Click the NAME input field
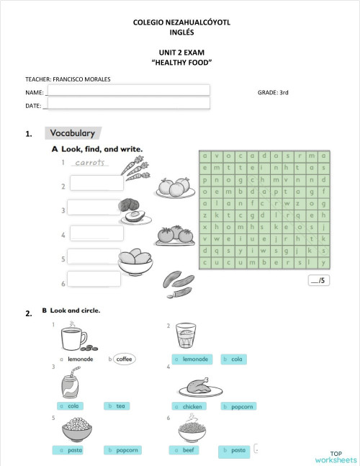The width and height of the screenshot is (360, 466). coord(127,90)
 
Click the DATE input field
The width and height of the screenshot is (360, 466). coord(127,104)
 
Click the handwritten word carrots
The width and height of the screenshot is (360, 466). coord(91,163)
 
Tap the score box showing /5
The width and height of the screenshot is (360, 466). coord(318,281)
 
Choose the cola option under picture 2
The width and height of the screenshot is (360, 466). coord(235,359)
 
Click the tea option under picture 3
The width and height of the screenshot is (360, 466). coord(120,406)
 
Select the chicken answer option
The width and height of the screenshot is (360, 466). coord(191,406)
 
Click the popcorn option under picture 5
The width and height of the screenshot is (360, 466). coord(123,450)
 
